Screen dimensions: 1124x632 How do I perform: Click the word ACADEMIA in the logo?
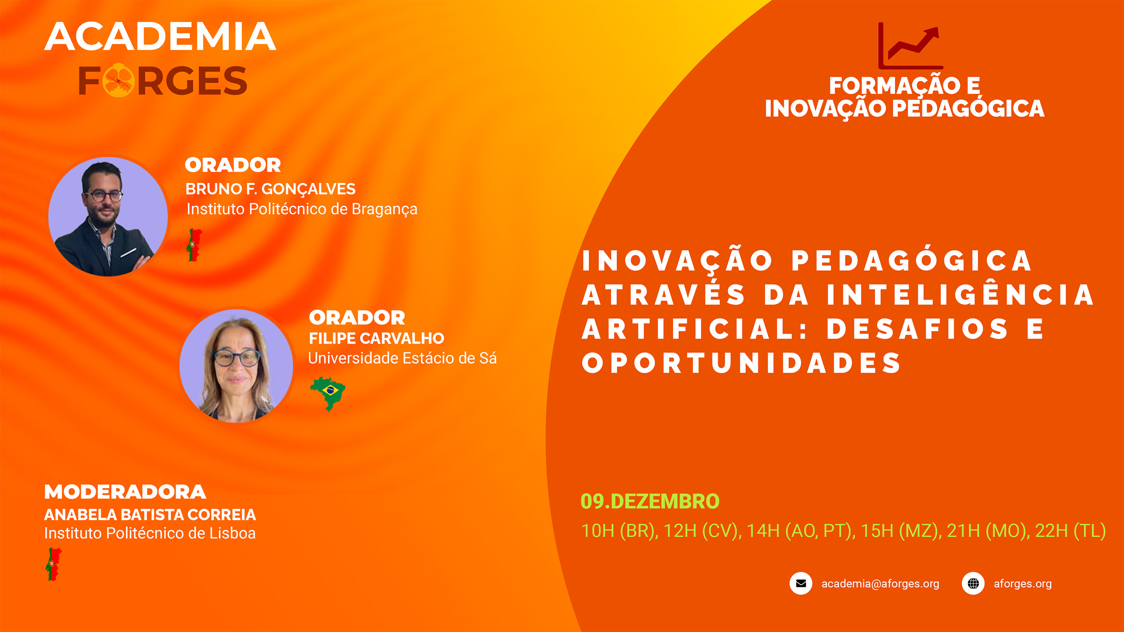tap(160, 36)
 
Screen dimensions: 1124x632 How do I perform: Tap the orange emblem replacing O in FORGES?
tap(119, 81)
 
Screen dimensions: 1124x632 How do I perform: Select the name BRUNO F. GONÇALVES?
tap(270, 189)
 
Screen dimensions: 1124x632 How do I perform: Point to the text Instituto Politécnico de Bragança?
tap(302, 209)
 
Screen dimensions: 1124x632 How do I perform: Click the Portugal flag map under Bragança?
tap(194, 245)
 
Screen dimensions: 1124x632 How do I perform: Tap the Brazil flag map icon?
tap(328, 393)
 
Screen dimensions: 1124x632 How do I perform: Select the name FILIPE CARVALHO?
tap(376, 338)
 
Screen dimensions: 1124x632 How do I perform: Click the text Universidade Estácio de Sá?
tap(402, 358)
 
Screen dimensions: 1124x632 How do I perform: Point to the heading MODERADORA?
tap(125, 492)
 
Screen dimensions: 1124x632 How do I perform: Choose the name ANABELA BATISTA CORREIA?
tap(150, 514)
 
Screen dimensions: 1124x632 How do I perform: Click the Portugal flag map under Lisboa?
tap(54, 564)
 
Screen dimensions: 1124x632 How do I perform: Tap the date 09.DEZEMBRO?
tap(650, 501)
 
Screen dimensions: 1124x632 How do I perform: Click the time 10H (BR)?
tap(620, 531)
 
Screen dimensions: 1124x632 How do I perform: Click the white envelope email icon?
tap(801, 583)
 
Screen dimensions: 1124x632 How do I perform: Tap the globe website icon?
tap(973, 583)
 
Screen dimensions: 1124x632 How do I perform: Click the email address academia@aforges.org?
tap(880, 584)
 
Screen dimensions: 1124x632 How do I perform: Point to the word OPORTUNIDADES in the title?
tap(742, 363)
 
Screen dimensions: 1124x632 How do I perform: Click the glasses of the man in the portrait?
tap(104, 196)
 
